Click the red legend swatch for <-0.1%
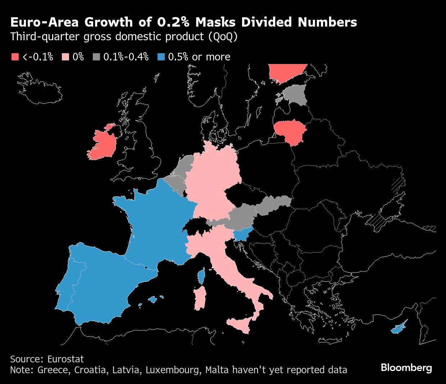click(x=15, y=57)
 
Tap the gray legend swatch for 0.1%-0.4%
click(x=96, y=57)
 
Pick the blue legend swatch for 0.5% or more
click(x=161, y=57)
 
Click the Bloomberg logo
click(x=406, y=368)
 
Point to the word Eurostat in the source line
click(x=65, y=359)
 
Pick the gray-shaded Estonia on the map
click(x=296, y=94)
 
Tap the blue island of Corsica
click(x=202, y=276)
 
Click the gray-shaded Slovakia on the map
click(x=273, y=205)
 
